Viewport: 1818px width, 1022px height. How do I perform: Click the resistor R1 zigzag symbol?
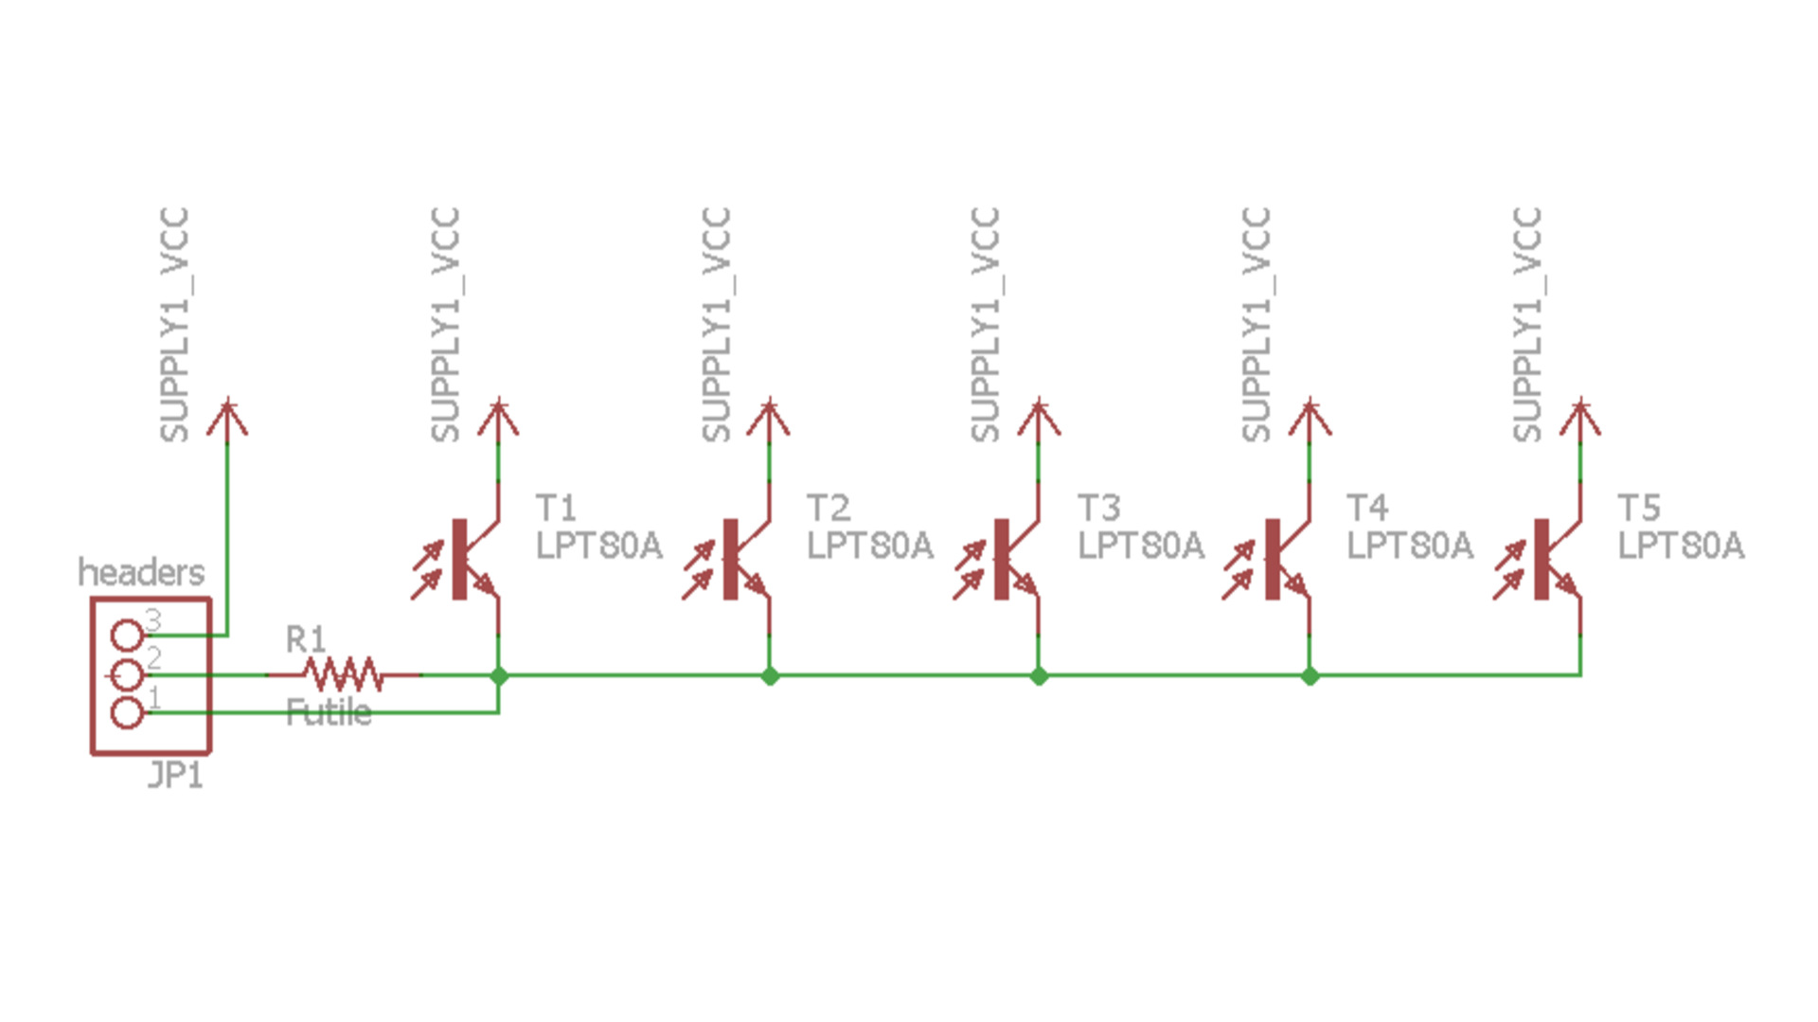point(343,674)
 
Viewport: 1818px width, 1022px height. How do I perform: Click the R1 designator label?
point(305,640)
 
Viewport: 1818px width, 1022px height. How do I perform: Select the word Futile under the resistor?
point(328,712)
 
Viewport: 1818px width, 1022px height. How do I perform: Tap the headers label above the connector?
point(140,572)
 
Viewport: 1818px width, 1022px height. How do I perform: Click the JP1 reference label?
point(175,776)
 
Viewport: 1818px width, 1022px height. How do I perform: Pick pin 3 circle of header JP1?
point(127,636)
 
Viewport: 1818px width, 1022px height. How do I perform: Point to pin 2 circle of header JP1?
point(127,674)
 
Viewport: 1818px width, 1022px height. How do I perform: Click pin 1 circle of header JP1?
point(127,712)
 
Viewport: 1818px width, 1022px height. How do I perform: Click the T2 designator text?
point(828,509)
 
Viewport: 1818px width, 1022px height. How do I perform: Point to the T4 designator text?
point(1367,509)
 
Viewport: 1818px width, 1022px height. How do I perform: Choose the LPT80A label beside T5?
point(1680,546)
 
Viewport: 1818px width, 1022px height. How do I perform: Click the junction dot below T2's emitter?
point(770,675)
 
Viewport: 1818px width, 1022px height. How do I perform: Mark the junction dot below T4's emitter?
point(1310,675)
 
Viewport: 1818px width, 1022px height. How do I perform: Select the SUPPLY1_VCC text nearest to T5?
point(1526,325)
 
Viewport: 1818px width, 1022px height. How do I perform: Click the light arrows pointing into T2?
point(698,569)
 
